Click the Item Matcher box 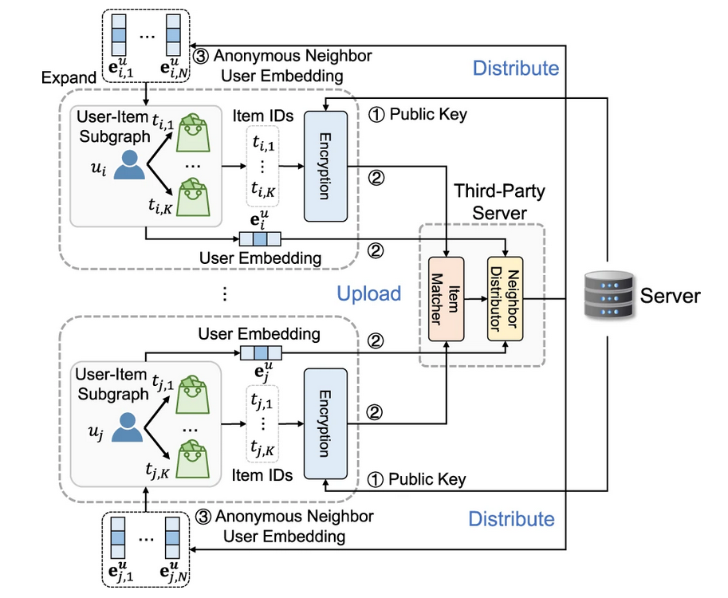pyautogui.click(x=447, y=298)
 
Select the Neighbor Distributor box pyautogui.click(x=506, y=298)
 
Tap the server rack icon pyautogui.click(x=608, y=297)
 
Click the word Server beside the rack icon pyautogui.click(x=672, y=297)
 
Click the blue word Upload pyautogui.click(x=368, y=293)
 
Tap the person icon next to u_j pyautogui.click(x=128, y=427)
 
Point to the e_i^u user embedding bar pyautogui.click(x=262, y=237)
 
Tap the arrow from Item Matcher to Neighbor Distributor pyautogui.click(x=475, y=300)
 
